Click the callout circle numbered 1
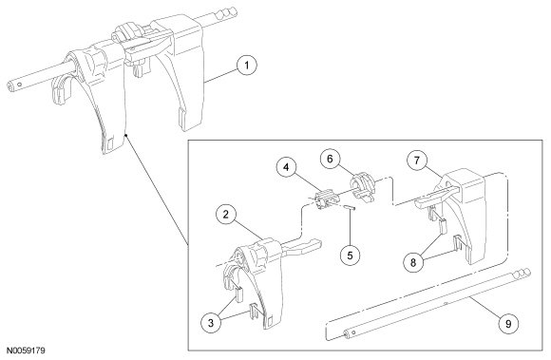247,66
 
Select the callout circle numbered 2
225,215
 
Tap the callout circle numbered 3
211,323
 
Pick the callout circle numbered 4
286,167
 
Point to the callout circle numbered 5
350,255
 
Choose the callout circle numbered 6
330,159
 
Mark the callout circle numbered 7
417,161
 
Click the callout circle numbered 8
413,262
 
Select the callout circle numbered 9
508,324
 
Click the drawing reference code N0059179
26,351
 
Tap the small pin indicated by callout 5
350,207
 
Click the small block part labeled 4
327,199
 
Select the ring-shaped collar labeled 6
363,189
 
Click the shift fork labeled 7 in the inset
464,215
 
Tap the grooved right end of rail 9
522,274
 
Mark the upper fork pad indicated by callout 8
443,225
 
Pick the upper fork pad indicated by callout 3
239,294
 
